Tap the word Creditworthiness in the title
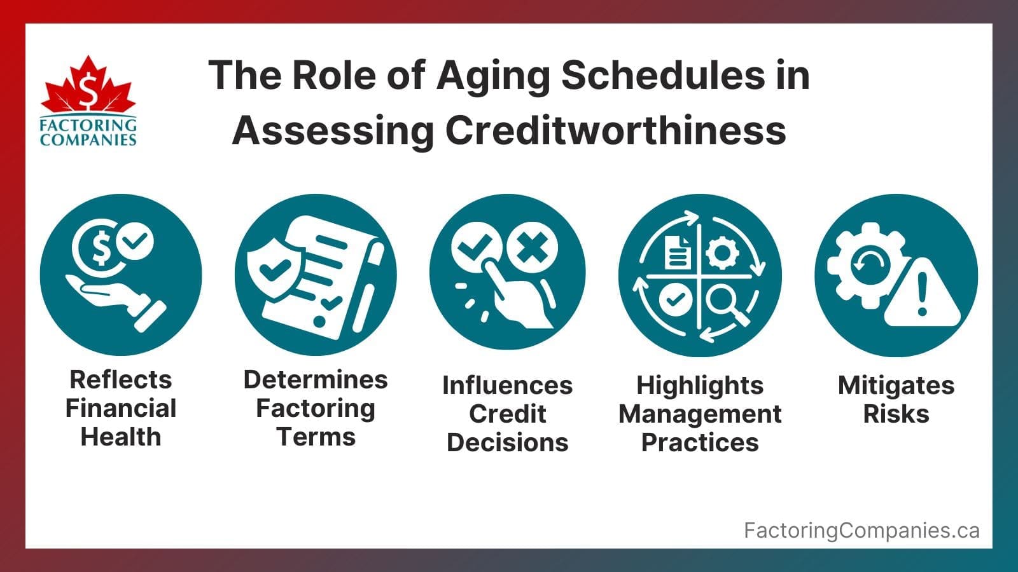(x=615, y=130)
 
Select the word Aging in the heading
(x=493, y=75)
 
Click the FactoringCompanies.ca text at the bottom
(x=861, y=530)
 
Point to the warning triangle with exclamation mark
(x=923, y=296)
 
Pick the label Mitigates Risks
(x=896, y=400)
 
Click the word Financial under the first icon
(x=121, y=408)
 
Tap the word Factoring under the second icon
(x=316, y=408)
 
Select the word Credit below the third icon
(x=507, y=414)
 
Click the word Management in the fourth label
(x=700, y=414)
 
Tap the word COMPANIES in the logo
(x=88, y=140)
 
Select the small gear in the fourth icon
(x=722, y=252)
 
